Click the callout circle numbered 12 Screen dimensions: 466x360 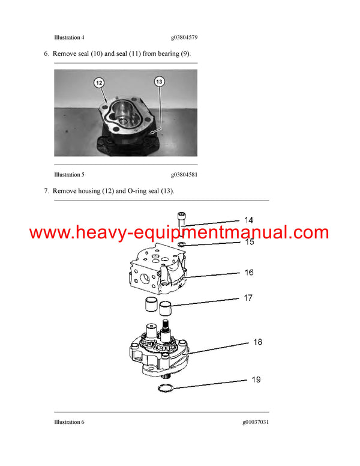pyautogui.click(x=99, y=83)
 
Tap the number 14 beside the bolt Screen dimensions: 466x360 pyautogui.click(x=248, y=220)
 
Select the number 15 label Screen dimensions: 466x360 pyautogui.click(x=248, y=241)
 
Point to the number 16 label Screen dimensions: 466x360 pyautogui.click(x=248, y=273)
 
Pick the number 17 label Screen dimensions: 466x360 pyautogui.click(x=248, y=298)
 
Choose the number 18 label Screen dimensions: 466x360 pyautogui.click(x=257, y=342)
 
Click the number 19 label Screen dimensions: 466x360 pyautogui.click(x=257, y=380)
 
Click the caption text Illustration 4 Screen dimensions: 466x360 pyautogui.click(x=69, y=37)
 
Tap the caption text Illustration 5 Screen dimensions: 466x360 pyautogui.click(x=69, y=175)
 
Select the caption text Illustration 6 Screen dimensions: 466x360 pyautogui.click(x=69, y=422)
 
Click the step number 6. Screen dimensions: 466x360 pyautogui.click(x=46, y=54)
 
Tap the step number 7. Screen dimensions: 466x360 pyautogui.click(x=46, y=191)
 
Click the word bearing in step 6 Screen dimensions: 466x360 pyautogui.click(x=169, y=54)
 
